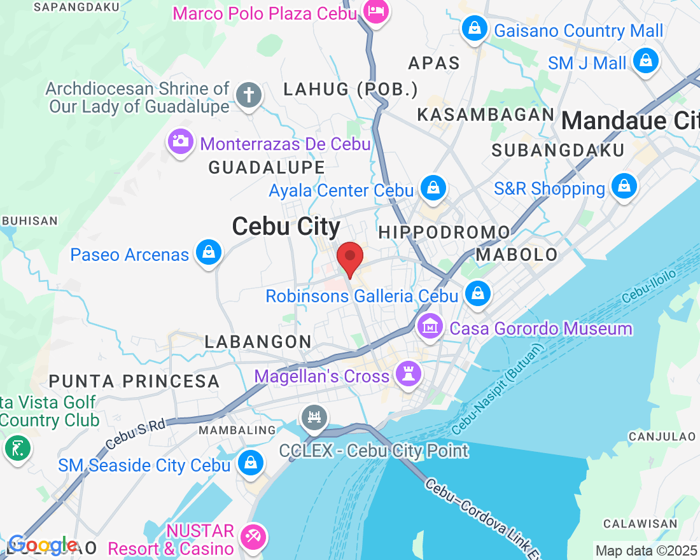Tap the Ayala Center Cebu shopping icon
pyautogui.click(x=433, y=188)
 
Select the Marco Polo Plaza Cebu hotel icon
pyautogui.click(x=375, y=11)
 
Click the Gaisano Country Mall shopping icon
pyautogui.click(x=474, y=29)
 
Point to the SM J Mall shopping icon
pyautogui.click(x=645, y=62)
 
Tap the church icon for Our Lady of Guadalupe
pyautogui.click(x=248, y=96)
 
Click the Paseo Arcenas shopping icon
pyautogui.click(x=208, y=253)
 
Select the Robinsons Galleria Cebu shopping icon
pyautogui.click(x=477, y=294)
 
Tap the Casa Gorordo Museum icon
pyautogui.click(x=430, y=328)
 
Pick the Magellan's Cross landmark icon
pyautogui.click(x=407, y=374)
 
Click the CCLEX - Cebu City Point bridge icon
pyautogui.click(x=314, y=417)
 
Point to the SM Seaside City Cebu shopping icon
pyautogui.click(x=251, y=463)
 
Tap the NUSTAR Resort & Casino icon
pyautogui.click(x=254, y=538)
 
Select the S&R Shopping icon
pyautogui.click(x=624, y=187)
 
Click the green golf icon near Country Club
pyautogui.click(x=17, y=449)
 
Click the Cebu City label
pyautogui.click(x=286, y=227)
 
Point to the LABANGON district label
pyautogui.click(x=258, y=342)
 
